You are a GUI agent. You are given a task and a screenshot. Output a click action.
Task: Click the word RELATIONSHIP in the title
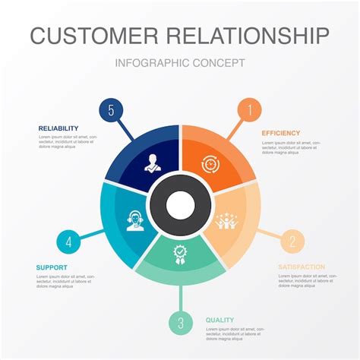[249, 36]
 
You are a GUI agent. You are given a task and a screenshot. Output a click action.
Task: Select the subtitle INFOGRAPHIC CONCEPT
[180, 63]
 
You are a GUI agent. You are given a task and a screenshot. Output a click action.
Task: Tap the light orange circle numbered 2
[292, 242]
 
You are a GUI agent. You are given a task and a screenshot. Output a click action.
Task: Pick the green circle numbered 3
[181, 323]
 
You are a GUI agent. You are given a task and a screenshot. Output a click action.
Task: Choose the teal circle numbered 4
[69, 243]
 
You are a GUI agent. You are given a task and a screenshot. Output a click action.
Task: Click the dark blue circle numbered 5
[111, 110]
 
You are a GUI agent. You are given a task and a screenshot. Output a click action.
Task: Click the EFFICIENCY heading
[281, 133]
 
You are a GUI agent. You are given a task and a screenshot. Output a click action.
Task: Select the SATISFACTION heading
[301, 267]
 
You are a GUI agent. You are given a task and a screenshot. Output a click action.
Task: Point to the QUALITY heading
[219, 320]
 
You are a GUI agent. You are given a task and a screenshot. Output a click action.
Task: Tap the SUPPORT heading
[52, 267]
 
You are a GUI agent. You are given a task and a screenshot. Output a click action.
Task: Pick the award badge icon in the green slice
[180, 253]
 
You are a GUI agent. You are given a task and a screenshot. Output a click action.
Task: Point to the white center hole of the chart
[181, 204]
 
